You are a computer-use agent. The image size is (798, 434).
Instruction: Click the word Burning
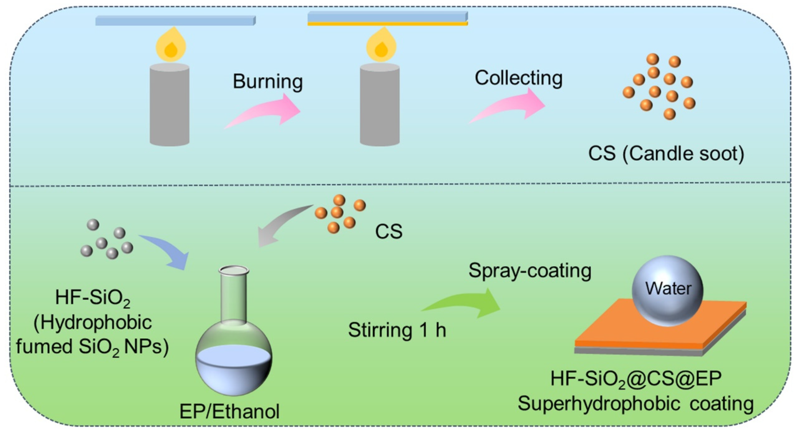[x=268, y=82]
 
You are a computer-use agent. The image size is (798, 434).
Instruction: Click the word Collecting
[x=519, y=78]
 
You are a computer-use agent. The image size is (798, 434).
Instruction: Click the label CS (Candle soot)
[x=666, y=154]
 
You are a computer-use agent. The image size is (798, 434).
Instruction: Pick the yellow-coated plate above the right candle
[x=387, y=18]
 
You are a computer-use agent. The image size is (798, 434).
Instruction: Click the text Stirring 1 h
[x=397, y=330]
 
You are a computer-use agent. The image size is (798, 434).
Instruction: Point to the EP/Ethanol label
[x=230, y=411]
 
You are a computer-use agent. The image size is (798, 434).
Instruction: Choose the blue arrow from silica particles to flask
[x=166, y=251]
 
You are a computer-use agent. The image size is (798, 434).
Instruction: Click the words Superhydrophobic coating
[x=636, y=405]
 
